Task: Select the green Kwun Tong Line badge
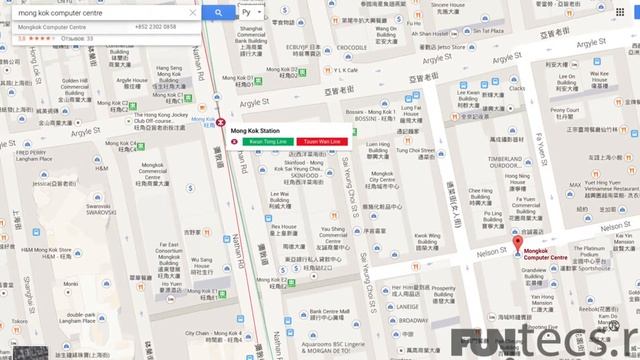pyautogui.click(x=265, y=142)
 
